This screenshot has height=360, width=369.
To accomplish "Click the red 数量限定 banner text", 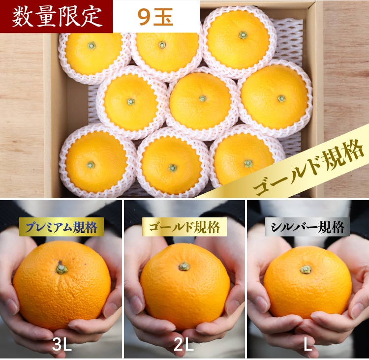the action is (x=57, y=17).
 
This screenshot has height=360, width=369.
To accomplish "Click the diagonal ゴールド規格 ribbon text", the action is (x=308, y=168).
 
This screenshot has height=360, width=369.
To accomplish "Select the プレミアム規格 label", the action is (x=61, y=227).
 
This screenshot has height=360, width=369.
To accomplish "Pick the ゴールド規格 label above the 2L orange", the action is (x=184, y=227).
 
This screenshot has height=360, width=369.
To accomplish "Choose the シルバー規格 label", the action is (x=307, y=227).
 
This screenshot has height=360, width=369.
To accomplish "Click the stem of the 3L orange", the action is (x=61, y=269).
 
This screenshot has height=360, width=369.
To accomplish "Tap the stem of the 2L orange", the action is (x=184, y=267).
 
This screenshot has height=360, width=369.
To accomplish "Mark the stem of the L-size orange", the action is (x=306, y=270).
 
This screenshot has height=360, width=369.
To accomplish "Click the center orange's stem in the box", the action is (x=202, y=98).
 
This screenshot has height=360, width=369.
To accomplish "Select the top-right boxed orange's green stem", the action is (x=243, y=35).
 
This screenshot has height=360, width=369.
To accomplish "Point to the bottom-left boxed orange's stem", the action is (x=91, y=165).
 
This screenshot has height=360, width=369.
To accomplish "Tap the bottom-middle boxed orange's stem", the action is (x=173, y=168).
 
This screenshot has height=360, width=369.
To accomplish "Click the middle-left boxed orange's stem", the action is (x=131, y=102).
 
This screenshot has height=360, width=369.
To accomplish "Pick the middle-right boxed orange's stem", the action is (x=281, y=98).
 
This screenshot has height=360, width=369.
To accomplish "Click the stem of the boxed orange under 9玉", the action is (x=162, y=44).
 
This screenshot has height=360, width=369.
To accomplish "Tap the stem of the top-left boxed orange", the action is (x=92, y=46).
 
